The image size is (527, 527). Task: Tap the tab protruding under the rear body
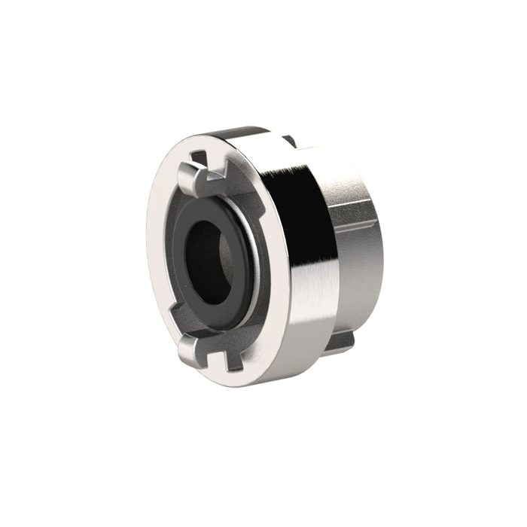click(x=340, y=343)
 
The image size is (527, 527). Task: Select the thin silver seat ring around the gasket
click(x=254, y=248)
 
